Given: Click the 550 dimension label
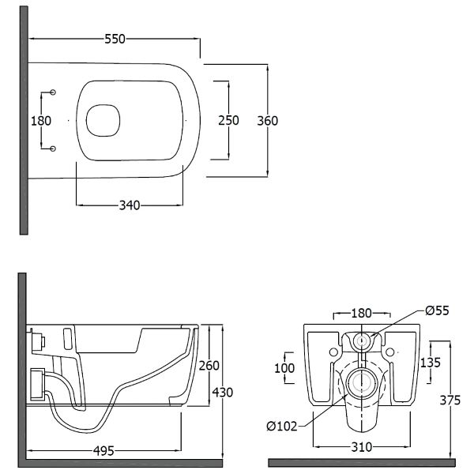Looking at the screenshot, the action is coord(115,39).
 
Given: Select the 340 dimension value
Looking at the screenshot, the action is coord(130,205).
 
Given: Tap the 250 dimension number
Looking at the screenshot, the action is coord(228,120).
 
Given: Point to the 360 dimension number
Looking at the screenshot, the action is coord(268,121).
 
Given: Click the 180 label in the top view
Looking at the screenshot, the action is coord(41,121).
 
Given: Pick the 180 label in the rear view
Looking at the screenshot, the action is coord(361,313).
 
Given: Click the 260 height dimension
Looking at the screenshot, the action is coord(209,366).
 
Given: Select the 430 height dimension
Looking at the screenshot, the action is coord(223,393).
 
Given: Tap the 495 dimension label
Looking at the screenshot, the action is coord(103,451).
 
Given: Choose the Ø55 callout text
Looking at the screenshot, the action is coord(437,310).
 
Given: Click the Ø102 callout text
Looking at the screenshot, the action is coord(282,427).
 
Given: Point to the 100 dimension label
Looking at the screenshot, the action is coord(284,368).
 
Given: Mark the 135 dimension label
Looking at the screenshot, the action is coord(431,363).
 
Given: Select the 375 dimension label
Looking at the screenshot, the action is coord(450,400).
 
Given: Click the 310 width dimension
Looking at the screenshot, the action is coord(362,447).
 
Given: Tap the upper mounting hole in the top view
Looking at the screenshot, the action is coord(53,92).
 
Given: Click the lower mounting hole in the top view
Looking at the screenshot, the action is coord(53,149).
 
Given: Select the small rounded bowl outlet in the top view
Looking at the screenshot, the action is coord(103,121).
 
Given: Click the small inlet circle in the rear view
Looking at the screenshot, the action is coord(362,341).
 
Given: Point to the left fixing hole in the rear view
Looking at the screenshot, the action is coord(333,352).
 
